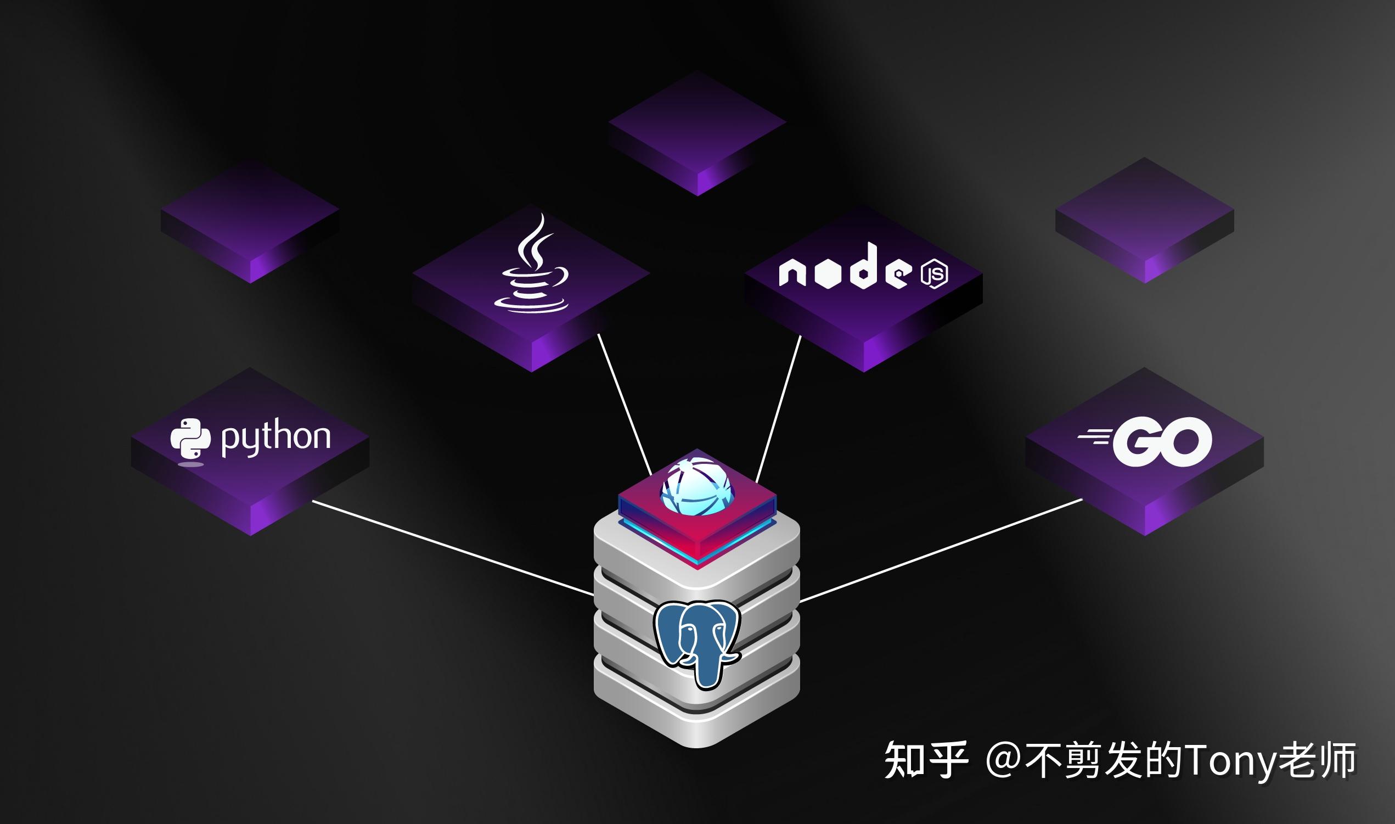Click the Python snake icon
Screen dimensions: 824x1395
click(190, 439)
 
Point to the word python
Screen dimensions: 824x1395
click(276, 439)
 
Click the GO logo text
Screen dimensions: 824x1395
click(1162, 442)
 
